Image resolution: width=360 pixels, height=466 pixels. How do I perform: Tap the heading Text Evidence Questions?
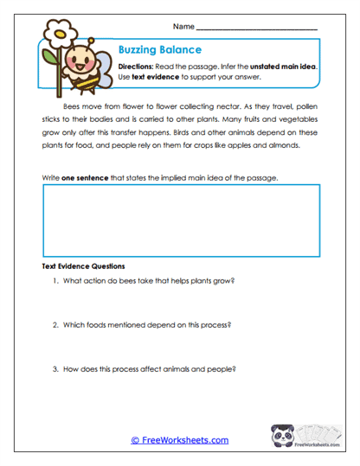tap(84, 266)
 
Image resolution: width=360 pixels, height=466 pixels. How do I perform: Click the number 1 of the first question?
tap(55, 282)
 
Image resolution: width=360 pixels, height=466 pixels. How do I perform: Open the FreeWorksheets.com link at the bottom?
tap(180, 440)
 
